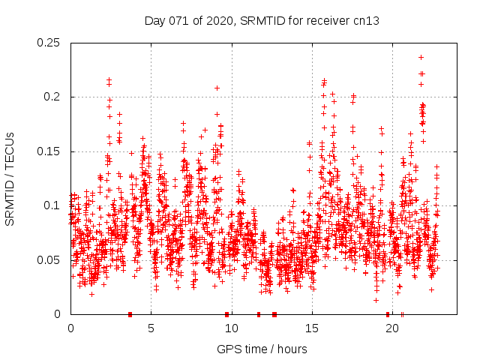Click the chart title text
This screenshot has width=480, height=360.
tap(262, 21)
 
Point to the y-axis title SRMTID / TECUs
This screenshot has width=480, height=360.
tap(10, 178)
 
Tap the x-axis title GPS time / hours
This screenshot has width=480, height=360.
tap(262, 349)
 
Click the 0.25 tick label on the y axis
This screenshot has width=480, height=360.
tap(49, 43)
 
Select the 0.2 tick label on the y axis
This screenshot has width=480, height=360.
tap(54, 97)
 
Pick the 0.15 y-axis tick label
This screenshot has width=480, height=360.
tap(49, 151)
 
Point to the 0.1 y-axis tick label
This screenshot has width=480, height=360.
tap(54, 205)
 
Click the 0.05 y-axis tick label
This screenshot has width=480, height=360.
tap(49, 260)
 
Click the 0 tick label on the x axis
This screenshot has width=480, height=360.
tap(70, 328)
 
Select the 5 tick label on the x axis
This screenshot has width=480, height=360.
tap(151, 328)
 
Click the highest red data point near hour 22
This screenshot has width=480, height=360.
tap(421, 57)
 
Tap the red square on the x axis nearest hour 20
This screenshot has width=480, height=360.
tap(388, 314)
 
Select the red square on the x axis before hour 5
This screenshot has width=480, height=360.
tap(130, 314)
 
